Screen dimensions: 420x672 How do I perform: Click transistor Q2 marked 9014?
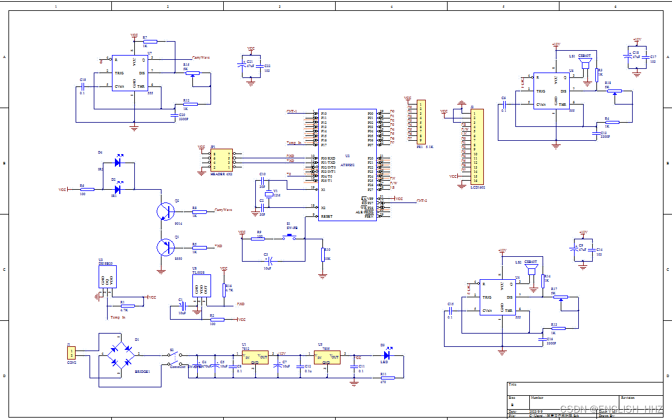[165, 212]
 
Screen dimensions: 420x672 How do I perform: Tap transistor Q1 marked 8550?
[165, 248]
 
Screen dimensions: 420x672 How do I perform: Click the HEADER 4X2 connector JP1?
[221, 161]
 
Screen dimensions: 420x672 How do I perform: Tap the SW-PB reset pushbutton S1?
[289, 237]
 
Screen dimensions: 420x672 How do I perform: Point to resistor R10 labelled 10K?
[323, 254]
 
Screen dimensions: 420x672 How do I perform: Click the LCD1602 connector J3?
[477, 146]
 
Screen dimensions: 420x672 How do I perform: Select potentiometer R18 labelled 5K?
[614, 91]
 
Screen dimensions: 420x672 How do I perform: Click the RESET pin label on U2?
[327, 216]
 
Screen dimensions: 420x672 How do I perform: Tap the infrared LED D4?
[118, 162]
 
